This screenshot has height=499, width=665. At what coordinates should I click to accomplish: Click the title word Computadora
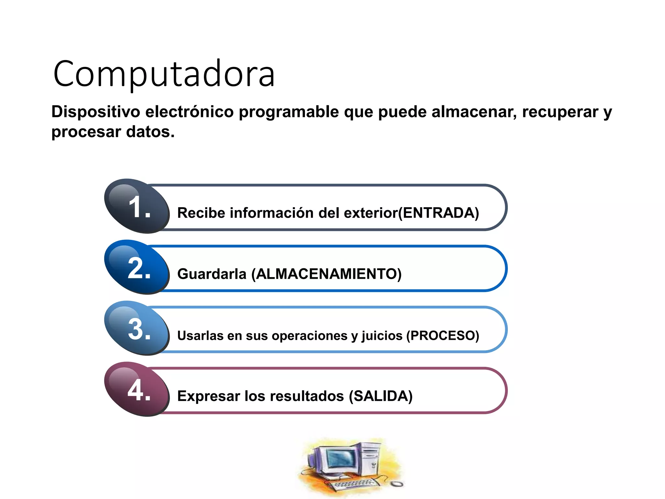[x=164, y=74]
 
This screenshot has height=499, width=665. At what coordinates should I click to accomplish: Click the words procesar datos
[x=113, y=132]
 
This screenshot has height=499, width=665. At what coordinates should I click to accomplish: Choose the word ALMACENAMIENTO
[x=326, y=274]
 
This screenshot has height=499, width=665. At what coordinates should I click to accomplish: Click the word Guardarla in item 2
[x=212, y=274]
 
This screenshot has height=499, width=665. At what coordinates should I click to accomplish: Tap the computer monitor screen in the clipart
[x=341, y=458]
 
